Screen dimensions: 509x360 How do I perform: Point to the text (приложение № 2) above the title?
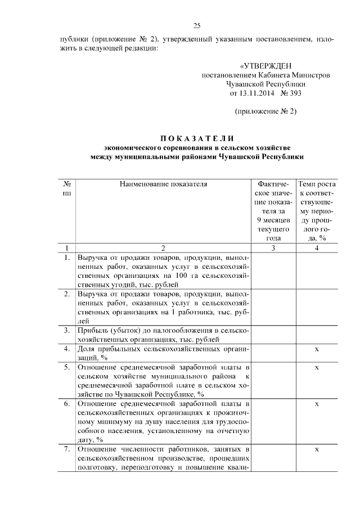point(265,111)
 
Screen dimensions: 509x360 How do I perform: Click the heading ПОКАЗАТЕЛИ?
point(197,138)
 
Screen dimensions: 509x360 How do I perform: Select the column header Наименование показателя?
point(163,183)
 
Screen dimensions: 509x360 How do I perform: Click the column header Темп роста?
point(317,183)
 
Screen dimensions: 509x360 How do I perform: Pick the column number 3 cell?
point(273,247)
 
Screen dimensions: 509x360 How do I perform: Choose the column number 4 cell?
point(317,247)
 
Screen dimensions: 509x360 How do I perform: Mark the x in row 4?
point(317,349)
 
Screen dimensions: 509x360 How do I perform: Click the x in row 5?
point(317,367)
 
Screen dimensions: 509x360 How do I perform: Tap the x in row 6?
point(317,404)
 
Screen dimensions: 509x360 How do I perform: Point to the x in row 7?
point(317,449)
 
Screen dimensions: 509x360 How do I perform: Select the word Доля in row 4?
point(87,349)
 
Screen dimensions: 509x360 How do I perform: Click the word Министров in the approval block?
point(309,75)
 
